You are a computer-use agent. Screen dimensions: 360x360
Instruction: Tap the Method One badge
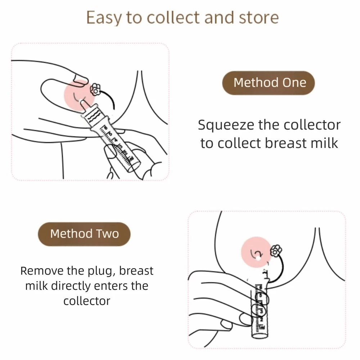pyautogui.click(x=270, y=82)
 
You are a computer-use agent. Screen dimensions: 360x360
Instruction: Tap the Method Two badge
pyautogui.click(x=84, y=234)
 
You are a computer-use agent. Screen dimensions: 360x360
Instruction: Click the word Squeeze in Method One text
pyautogui.click(x=226, y=125)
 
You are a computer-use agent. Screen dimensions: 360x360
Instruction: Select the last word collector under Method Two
pyautogui.click(x=87, y=301)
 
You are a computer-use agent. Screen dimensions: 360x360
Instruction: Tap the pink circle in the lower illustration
pyautogui.click(x=256, y=252)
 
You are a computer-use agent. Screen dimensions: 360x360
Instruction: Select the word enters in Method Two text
pyautogui.click(x=114, y=286)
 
